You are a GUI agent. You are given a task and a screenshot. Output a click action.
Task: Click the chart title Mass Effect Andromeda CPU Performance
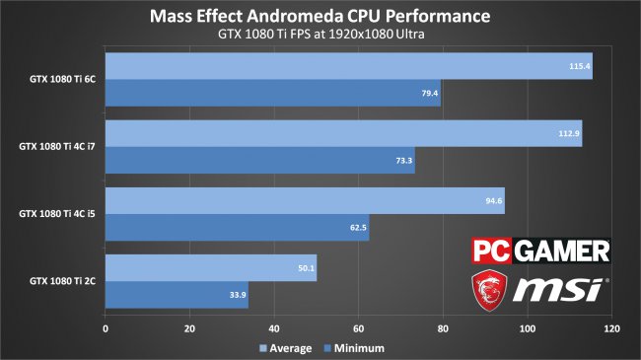tap(320, 17)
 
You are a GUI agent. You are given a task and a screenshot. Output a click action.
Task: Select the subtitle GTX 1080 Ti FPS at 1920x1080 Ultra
tap(320, 36)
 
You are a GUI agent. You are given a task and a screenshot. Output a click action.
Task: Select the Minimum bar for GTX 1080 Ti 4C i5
tap(237, 227)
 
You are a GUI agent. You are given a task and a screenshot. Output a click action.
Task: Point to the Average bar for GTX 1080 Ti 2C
tap(210, 267)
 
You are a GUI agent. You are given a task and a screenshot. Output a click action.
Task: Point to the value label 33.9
tap(236, 294)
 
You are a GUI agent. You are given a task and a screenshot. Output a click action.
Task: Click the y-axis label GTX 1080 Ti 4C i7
tap(57, 147)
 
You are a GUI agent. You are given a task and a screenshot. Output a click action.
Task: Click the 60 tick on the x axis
tap(358, 328)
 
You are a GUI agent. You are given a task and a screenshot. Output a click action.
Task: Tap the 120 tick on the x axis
tap(611, 328)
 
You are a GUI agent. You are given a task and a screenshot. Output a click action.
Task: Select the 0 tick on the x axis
tap(106, 328)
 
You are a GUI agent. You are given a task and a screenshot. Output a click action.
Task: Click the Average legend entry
tap(285, 347)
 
